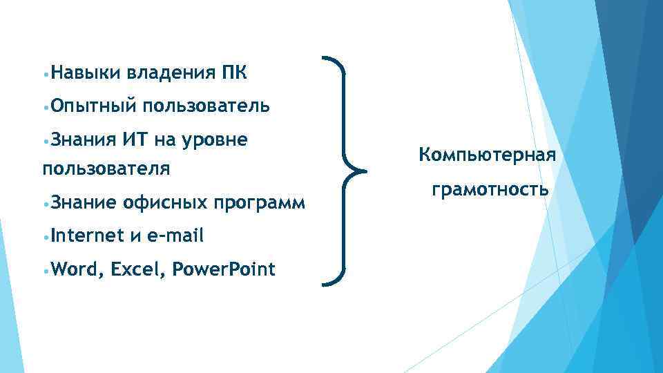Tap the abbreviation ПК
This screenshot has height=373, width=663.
(236, 72)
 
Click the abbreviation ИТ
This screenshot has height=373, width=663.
(134, 140)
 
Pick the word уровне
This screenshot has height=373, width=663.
(213, 140)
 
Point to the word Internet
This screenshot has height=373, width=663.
(86, 236)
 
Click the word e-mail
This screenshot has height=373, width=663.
(174, 236)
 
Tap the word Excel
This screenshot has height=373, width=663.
(137, 269)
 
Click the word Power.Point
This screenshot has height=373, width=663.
(223, 269)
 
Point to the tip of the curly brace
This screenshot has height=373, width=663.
(366, 170)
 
